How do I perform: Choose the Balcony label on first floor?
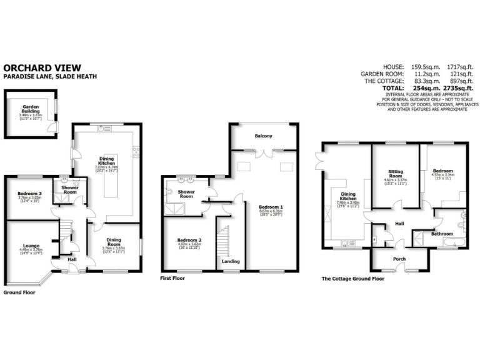coord(262,136)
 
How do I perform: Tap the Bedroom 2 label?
coord(189,240)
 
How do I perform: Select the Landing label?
coord(230,261)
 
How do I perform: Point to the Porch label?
coord(399,259)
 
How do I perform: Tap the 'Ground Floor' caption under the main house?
coord(19,292)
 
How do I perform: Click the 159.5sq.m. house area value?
coord(426,66)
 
